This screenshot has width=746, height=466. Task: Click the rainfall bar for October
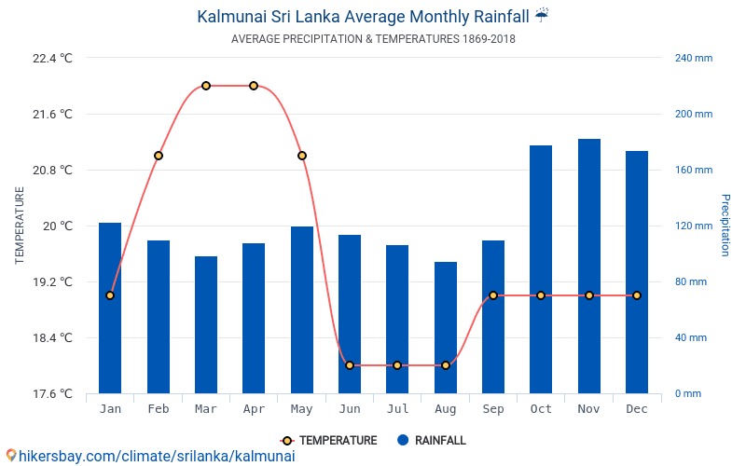[x=541, y=269]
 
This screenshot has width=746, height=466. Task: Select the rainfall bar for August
[x=446, y=327]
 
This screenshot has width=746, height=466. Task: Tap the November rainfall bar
[x=589, y=266]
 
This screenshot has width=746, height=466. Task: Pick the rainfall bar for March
[x=206, y=324]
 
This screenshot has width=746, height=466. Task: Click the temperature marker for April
[x=254, y=86]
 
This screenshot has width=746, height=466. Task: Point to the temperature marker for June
[x=350, y=365]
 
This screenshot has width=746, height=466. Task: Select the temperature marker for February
[x=159, y=156]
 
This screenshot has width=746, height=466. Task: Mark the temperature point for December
[x=637, y=295]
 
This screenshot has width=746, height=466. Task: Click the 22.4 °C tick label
[x=52, y=58]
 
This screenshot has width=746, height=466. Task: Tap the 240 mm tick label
[x=693, y=58]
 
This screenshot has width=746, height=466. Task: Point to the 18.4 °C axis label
[x=52, y=337]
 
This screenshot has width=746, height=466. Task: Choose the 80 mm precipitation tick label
[x=690, y=281]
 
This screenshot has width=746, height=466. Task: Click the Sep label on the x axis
[x=493, y=409]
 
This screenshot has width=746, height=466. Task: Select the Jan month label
[x=110, y=409]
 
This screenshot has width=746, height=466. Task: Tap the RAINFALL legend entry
[x=431, y=440]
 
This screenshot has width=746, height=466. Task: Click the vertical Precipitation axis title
[x=725, y=226]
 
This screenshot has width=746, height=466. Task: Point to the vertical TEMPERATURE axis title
[x=20, y=226]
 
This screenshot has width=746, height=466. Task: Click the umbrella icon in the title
[x=542, y=15]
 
